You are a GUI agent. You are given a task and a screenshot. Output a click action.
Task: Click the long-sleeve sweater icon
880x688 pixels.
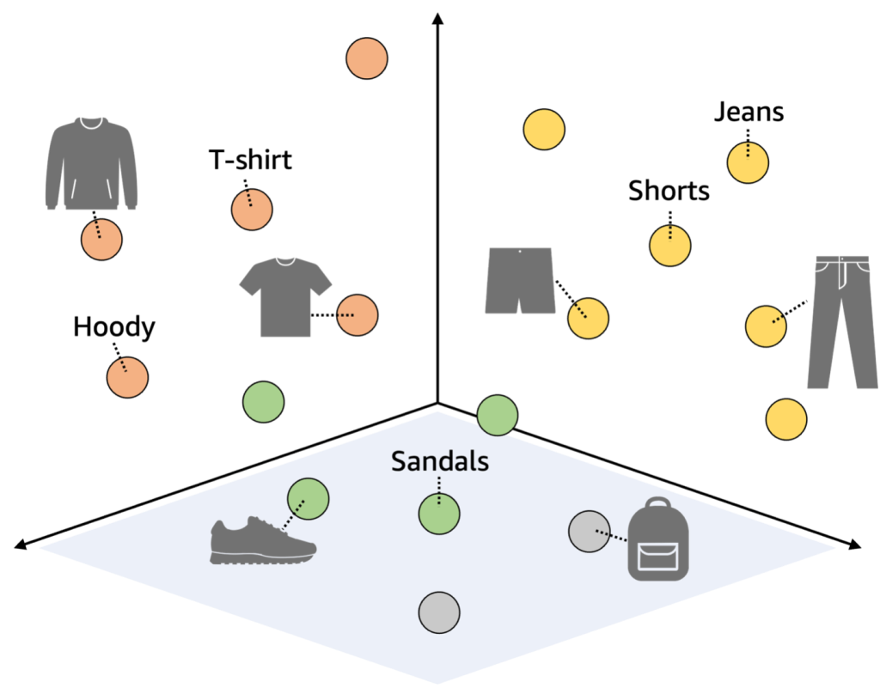click(92, 164)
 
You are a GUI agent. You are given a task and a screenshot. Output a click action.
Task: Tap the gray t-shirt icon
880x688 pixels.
click(285, 296)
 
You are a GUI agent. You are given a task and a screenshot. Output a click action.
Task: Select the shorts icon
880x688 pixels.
click(519, 280)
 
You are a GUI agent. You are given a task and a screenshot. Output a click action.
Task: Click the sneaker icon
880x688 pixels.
click(261, 541)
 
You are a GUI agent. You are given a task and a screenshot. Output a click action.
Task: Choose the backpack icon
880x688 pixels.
click(658, 541)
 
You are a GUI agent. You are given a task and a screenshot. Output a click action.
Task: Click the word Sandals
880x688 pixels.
click(439, 462)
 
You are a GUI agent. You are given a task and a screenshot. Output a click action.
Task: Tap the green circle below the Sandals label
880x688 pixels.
click(439, 514)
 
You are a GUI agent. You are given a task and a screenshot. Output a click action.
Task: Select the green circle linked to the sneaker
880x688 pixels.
click(309, 499)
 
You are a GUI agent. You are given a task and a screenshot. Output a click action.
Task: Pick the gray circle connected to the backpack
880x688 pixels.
click(589, 531)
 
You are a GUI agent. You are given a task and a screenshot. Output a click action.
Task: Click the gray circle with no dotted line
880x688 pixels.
click(439, 612)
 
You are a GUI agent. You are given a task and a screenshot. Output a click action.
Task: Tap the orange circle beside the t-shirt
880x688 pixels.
click(357, 315)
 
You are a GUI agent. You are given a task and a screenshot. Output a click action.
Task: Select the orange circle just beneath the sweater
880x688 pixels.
click(101, 240)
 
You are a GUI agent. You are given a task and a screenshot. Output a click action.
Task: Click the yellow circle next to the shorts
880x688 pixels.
click(588, 319)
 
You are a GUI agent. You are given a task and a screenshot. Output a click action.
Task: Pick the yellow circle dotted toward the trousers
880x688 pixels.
click(765, 326)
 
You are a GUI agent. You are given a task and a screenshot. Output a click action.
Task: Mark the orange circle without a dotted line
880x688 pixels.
click(367, 58)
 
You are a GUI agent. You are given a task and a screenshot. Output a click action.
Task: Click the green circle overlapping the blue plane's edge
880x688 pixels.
click(497, 416)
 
